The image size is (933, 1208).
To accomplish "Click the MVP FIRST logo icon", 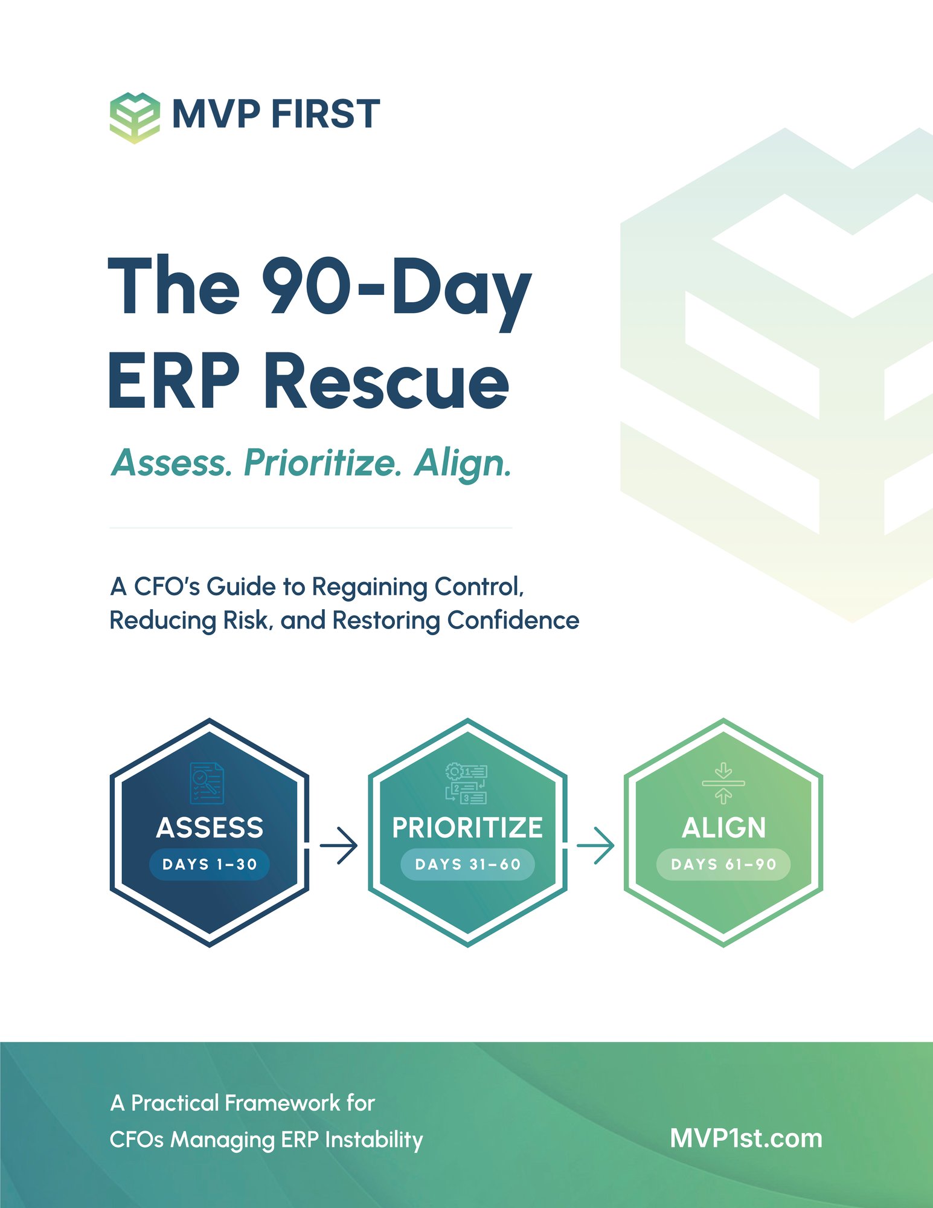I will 135,117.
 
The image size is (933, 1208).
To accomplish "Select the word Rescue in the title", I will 386,381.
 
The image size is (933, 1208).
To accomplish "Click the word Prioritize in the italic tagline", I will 322,463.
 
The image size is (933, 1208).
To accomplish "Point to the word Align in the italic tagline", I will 462,463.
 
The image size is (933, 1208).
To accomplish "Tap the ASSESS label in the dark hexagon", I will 210,827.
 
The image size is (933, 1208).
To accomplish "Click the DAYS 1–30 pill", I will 210,864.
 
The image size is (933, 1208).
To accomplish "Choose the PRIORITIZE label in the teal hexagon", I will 467,827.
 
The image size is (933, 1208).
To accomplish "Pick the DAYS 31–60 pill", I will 467,864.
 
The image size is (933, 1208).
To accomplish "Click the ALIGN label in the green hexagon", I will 723,827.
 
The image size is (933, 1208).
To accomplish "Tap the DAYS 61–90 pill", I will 723,864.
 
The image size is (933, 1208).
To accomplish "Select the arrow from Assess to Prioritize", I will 339,845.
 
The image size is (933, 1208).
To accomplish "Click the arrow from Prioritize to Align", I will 595,845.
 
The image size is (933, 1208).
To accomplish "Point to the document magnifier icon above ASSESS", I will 207,783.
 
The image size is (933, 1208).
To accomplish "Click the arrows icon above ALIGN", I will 723,783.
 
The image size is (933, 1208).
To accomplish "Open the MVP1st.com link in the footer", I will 746,1139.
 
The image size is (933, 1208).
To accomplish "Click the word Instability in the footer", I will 374,1140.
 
